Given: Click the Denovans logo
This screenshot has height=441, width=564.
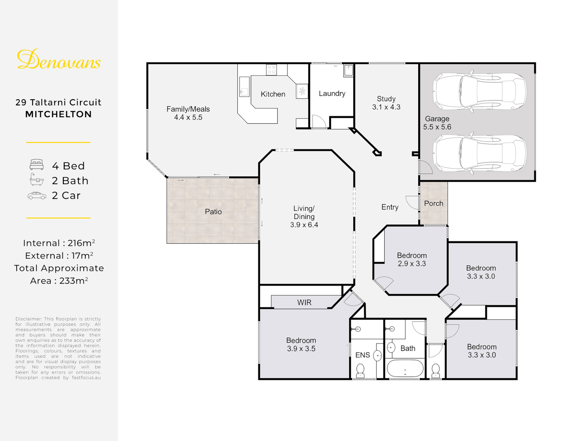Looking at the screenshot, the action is pos(59,59).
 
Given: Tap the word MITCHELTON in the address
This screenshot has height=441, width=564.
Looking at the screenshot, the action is pos(58,114).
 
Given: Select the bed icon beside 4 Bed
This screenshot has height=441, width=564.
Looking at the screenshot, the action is pos(37,165).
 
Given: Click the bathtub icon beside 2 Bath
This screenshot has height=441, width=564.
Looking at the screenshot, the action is pos(37,179).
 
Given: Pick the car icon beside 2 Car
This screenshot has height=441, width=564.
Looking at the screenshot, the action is pos(37,196).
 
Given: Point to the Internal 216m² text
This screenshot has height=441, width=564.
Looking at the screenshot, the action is pos(59,243).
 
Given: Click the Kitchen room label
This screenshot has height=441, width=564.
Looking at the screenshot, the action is pos(273,94).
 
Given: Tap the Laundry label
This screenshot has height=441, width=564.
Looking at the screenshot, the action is pos(332,94).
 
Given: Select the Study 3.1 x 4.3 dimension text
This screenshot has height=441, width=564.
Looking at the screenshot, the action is pos(386,107).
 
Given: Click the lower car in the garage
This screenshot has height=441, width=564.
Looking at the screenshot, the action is pos(479,153).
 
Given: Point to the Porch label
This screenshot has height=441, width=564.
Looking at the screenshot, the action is pos(433,203).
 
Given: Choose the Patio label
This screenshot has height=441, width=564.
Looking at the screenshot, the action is pos(213,212).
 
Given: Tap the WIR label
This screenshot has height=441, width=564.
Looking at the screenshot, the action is pos(304,303).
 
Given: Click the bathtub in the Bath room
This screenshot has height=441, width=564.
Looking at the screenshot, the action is pos(405,368).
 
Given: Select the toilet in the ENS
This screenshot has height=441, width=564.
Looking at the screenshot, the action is pos(360,370).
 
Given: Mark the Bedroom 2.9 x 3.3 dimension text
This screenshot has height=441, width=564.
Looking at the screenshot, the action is pos(412,263).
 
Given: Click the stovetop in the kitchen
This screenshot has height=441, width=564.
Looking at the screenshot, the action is pos(272,70).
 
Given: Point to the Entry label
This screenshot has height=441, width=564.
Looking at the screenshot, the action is pos(390,207).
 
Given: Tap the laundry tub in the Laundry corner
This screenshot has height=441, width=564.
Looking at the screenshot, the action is pos(348,71).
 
